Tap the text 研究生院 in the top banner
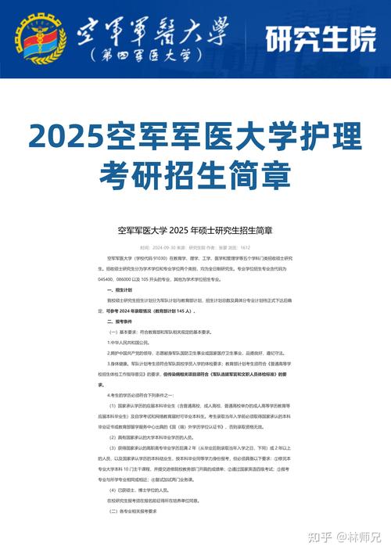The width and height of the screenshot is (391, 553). (320, 38)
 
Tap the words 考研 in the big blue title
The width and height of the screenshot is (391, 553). (124, 174)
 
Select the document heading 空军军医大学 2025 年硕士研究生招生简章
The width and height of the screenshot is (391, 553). (195, 230)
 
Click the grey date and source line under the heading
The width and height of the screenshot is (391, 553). (195, 246)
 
